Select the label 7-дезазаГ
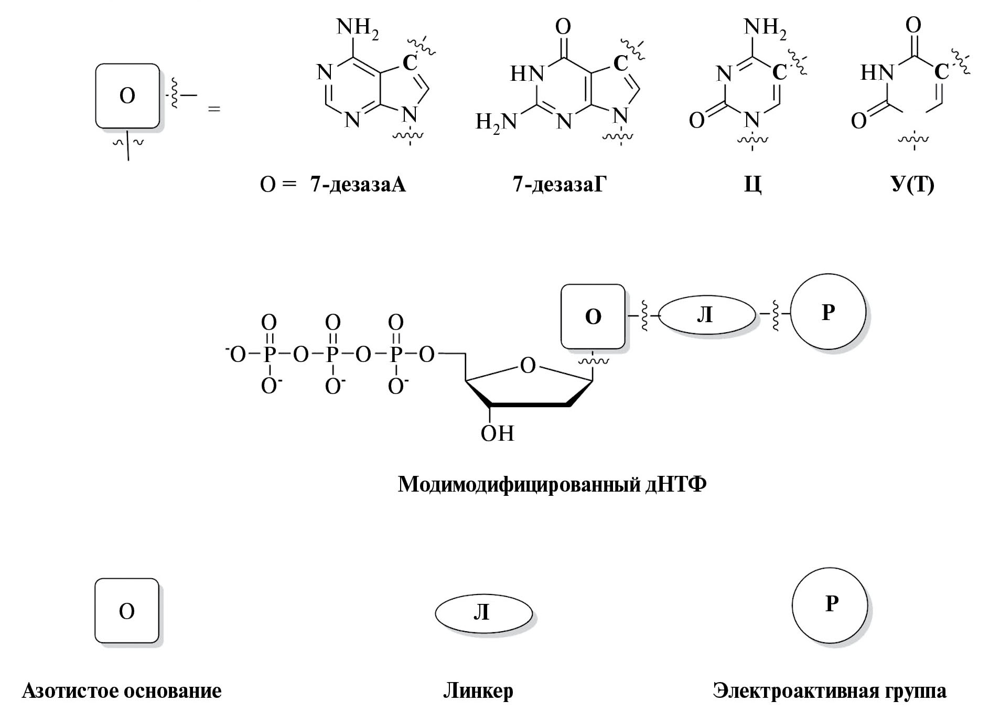coord(559,184)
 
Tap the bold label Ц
coord(752,185)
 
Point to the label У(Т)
coord(912,185)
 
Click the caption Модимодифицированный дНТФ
coord(552,484)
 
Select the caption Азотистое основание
coord(122,690)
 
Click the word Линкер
coord(478,690)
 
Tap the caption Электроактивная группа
coord(830,690)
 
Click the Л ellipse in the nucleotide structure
coord(706,315)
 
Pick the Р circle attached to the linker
coord(827,313)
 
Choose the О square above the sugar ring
coord(593,316)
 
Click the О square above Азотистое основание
coord(126,611)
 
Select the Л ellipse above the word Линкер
coord(483,612)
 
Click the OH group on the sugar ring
coord(497,434)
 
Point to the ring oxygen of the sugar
coord(528,365)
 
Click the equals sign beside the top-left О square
coord(214,109)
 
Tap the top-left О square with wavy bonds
coord(127,96)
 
